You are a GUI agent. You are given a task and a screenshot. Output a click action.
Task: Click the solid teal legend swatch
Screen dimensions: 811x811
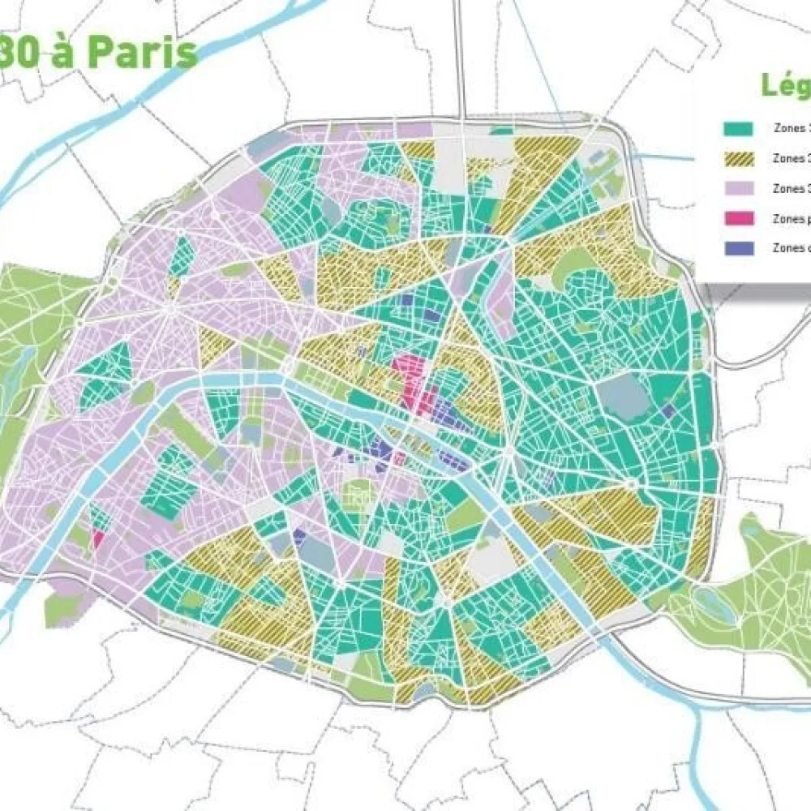click(739, 128)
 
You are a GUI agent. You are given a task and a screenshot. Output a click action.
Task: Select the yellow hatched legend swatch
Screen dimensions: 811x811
click(739, 158)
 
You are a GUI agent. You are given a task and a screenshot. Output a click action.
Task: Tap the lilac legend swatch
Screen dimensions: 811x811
click(739, 188)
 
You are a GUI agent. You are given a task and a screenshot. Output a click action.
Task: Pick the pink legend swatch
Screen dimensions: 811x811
click(739, 218)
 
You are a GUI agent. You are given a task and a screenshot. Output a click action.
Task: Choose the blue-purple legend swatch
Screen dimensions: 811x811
click(739, 248)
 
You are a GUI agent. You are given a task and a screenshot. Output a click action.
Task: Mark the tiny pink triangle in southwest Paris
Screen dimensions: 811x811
click(99, 539)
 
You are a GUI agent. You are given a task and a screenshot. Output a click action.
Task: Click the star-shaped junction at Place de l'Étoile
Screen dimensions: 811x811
click(169, 308)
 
